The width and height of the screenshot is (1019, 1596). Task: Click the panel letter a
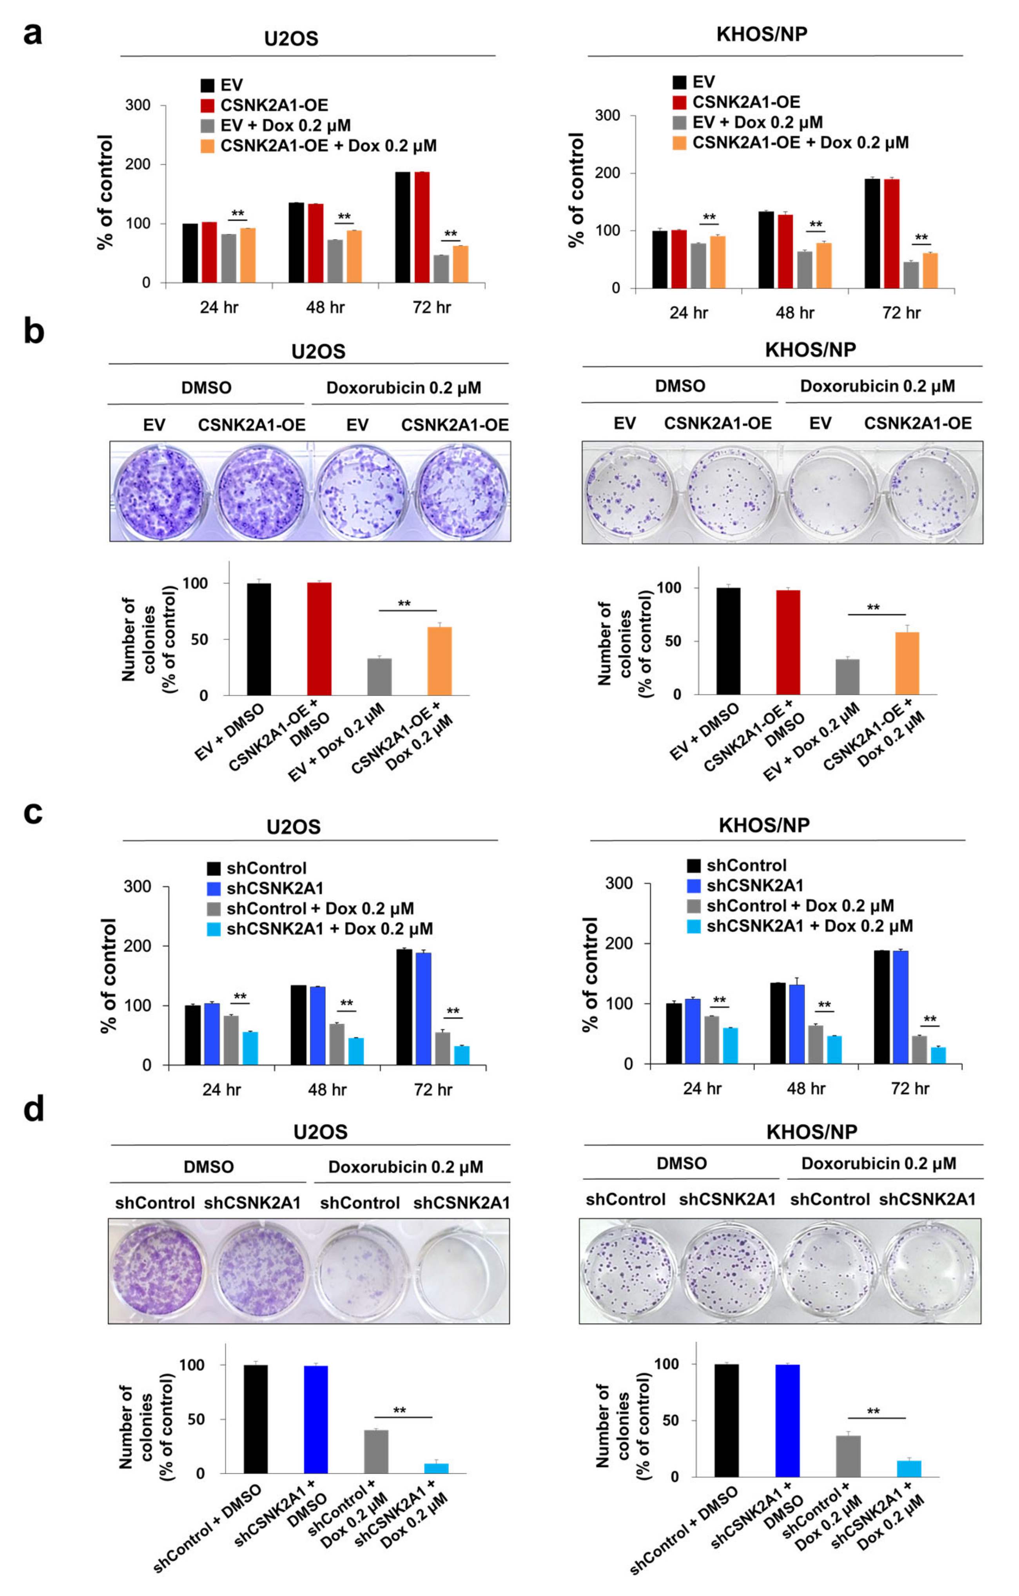pos(32,33)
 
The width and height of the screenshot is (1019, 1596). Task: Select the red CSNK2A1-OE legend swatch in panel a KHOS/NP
pos(679,102)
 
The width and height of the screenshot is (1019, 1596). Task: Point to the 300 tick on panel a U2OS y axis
pos(138,105)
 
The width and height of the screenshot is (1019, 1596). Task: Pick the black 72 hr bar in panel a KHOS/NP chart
pos(872,233)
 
